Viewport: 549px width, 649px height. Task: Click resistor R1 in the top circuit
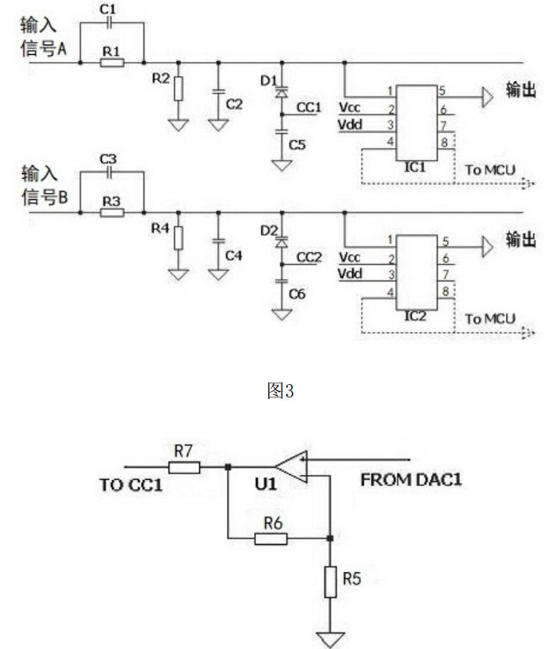coord(112,61)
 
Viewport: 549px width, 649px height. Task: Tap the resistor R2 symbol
coord(178,88)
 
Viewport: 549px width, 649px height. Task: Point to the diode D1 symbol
coord(280,92)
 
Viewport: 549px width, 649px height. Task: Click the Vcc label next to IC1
coord(351,106)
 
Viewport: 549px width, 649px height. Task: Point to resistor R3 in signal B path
coord(112,212)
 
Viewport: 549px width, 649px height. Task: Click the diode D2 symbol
coord(280,243)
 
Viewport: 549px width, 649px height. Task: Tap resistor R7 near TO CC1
coord(186,468)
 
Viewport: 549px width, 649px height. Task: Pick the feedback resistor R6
coord(271,538)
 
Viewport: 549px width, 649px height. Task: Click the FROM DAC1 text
coord(410,480)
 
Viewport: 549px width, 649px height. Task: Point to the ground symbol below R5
coord(330,637)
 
